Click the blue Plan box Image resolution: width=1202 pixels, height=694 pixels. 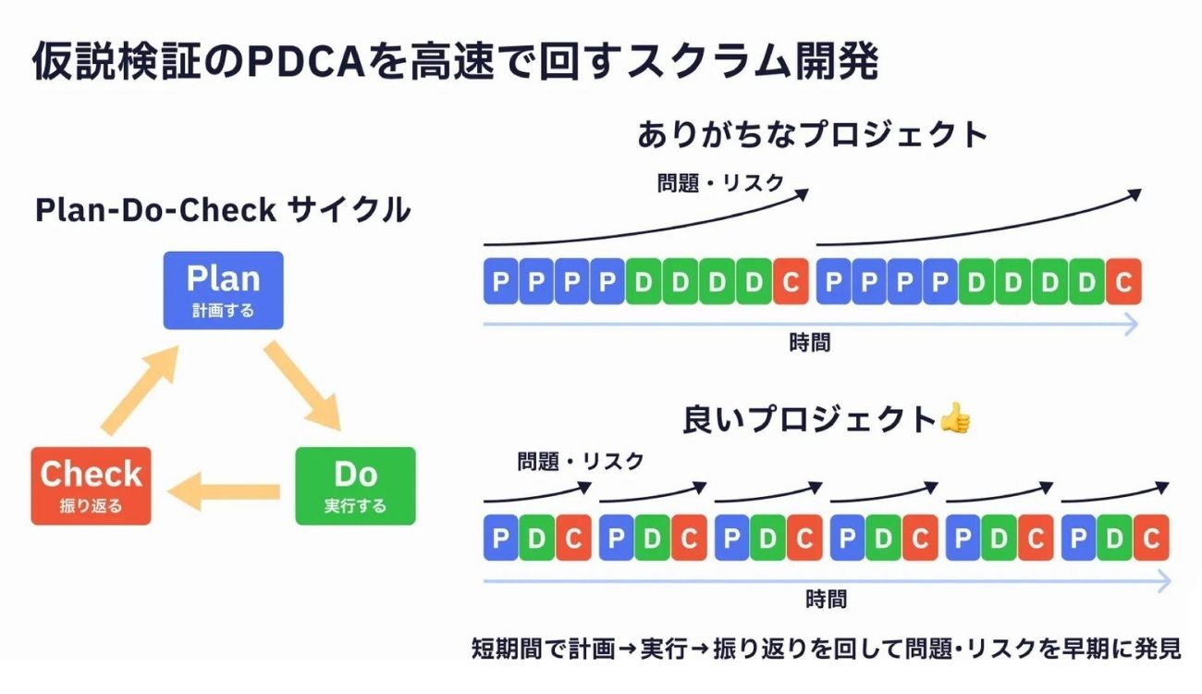(x=223, y=290)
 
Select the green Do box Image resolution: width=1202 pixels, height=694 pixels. (x=355, y=486)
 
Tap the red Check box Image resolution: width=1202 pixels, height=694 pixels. (x=91, y=486)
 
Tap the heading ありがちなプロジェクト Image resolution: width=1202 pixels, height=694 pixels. (x=812, y=135)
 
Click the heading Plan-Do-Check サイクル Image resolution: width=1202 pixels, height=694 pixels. (x=222, y=210)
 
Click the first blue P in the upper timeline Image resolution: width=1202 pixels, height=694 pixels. (x=500, y=282)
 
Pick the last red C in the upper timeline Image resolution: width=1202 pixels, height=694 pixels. (x=1123, y=282)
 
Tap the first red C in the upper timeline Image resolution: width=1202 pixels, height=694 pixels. (x=791, y=282)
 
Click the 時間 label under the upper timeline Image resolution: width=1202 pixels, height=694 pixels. (x=809, y=342)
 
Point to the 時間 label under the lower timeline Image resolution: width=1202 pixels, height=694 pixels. (x=825, y=599)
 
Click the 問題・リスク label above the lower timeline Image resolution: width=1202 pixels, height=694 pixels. (x=580, y=461)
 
